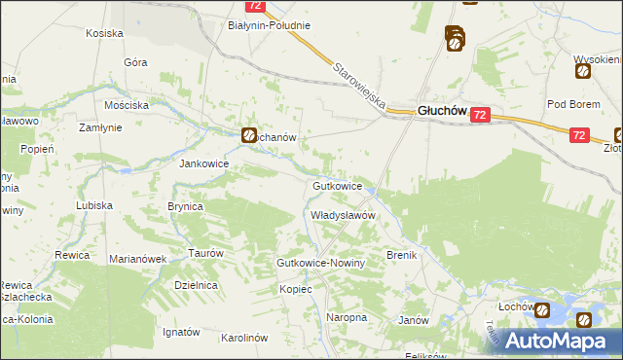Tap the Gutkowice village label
tap(338, 185)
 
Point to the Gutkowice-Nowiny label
tap(320, 264)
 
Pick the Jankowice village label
tap(203, 163)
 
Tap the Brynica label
tap(185, 206)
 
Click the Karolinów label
tap(244, 338)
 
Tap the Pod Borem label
tap(570, 104)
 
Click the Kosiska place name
tap(104, 33)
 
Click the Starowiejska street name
tap(359, 87)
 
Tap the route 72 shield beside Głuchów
tap(479, 116)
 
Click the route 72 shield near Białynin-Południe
tap(255, 6)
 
